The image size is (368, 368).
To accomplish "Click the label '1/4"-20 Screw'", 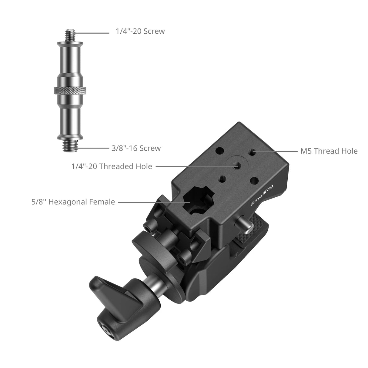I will [x=140, y=31].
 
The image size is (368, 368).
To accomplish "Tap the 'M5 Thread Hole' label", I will [x=329, y=151].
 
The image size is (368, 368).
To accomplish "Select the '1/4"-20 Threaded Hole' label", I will [x=112, y=166].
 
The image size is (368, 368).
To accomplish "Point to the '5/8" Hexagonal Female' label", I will [x=73, y=202].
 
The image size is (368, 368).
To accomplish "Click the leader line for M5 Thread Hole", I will [x=276, y=151].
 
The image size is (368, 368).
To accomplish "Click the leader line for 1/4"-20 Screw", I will [x=91, y=32].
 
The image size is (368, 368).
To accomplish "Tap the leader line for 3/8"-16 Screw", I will [x=91, y=148].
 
